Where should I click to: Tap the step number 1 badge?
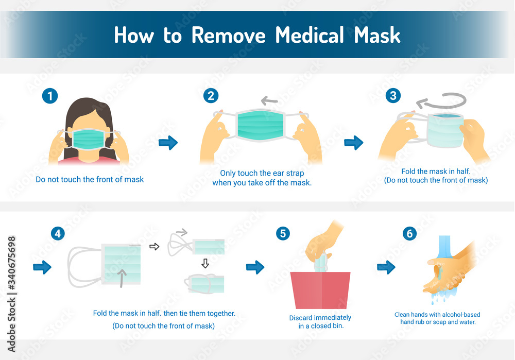click(x=50, y=96)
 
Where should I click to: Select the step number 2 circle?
click(x=210, y=96)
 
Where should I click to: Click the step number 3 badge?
click(x=393, y=96)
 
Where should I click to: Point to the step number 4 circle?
click(x=58, y=233)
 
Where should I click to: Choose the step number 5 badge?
click(x=282, y=233)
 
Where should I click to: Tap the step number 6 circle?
click(x=409, y=233)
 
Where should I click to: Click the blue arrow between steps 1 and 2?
click(x=168, y=143)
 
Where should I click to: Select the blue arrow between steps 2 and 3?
click(x=353, y=143)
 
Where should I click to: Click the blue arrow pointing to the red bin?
click(x=255, y=267)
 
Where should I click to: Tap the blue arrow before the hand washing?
click(x=386, y=267)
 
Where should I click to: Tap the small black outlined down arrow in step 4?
click(x=204, y=264)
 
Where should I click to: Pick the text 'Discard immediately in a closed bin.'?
click(x=320, y=321)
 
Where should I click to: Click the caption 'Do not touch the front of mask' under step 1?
click(x=90, y=180)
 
